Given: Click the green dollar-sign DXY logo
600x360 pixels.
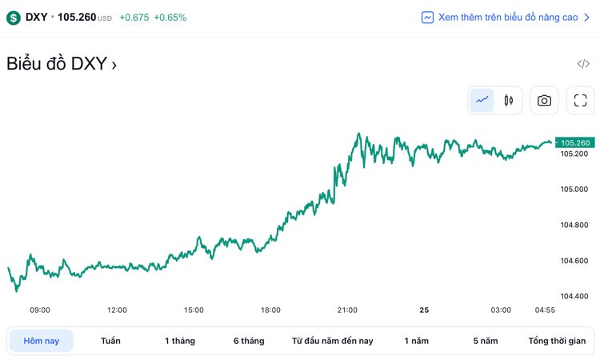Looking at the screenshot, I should tap(14, 17).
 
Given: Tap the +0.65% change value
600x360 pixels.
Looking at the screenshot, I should tap(170, 17).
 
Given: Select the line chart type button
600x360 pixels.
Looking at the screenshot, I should tap(482, 100).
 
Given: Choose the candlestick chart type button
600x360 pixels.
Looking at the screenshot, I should tap(508, 100).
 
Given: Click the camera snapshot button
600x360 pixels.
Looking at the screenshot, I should tap(544, 100).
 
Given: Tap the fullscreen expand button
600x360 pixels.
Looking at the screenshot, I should tap(581, 100).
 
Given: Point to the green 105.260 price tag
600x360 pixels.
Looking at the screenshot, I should tap(575, 142).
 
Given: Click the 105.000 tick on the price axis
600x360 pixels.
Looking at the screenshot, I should tap(574, 189).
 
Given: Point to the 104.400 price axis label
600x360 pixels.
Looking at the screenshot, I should tap(574, 296).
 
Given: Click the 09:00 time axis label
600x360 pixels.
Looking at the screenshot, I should tap(40, 310).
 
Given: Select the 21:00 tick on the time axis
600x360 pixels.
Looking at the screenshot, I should tap(347, 310).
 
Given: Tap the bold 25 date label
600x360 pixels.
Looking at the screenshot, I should tap(424, 310).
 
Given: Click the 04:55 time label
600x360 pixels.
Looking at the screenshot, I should tap(545, 310).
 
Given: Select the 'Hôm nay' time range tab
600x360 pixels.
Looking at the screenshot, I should tap(41, 341).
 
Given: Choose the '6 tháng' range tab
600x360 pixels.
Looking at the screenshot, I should tap(249, 341).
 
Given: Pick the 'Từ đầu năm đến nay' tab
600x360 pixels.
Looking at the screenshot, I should tap(333, 341).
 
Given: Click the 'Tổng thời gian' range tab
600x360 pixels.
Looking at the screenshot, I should tap(558, 341).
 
